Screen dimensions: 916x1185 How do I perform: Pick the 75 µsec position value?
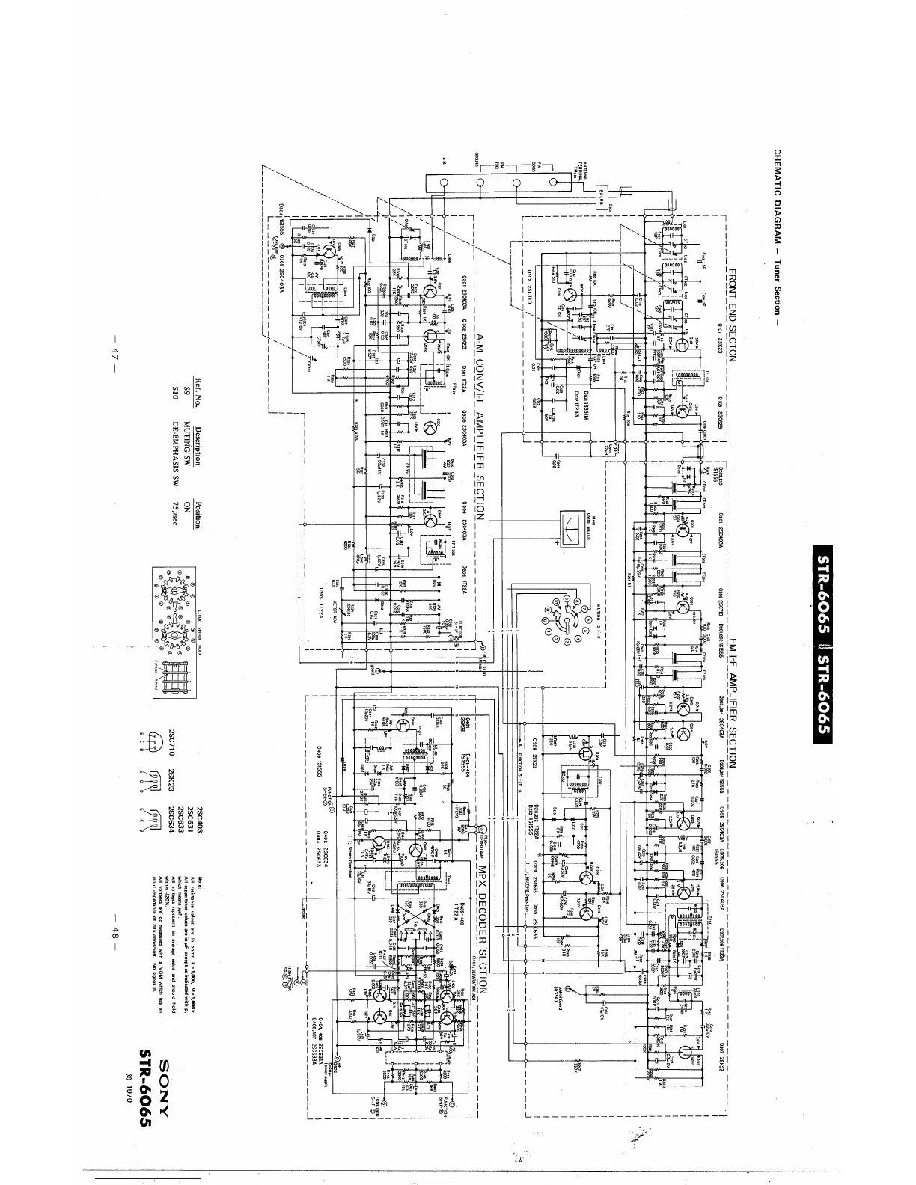pyautogui.click(x=177, y=516)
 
